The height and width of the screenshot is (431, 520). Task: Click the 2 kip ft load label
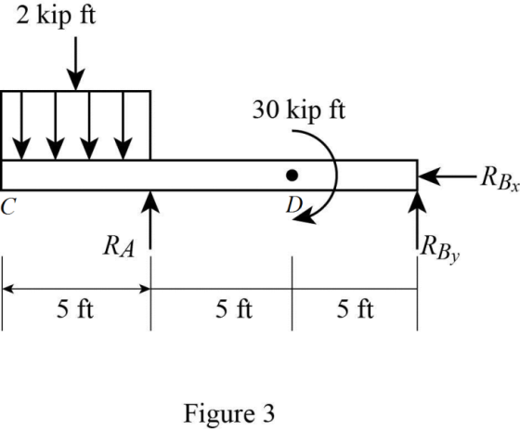(56, 16)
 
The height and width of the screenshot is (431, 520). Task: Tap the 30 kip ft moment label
(299, 110)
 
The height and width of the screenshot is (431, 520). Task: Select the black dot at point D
(292, 176)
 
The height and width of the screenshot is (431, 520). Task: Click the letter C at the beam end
(8, 206)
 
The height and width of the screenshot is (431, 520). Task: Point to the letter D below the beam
(293, 205)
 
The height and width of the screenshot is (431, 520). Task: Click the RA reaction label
(119, 247)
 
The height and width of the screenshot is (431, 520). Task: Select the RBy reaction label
(440, 250)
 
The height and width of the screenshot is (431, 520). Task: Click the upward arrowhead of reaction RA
(150, 202)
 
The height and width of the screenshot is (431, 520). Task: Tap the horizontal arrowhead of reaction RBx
(429, 176)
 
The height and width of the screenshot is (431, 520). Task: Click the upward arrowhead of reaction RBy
(417, 202)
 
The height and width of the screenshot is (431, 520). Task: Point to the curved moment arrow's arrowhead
(305, 217)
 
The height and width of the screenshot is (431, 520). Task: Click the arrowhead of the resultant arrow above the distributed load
(75, 80)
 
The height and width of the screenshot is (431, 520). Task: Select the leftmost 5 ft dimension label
(75, 308)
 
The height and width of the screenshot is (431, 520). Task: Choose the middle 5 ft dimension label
(234, 308)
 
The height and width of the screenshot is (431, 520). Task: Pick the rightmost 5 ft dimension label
(355, 308)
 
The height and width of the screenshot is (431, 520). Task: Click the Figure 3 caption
(229, 413)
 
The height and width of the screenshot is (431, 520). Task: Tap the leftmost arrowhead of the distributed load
(21, 149)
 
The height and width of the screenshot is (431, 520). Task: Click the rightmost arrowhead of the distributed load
(123, 149)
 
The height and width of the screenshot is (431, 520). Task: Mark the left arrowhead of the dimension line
(8, 289)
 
